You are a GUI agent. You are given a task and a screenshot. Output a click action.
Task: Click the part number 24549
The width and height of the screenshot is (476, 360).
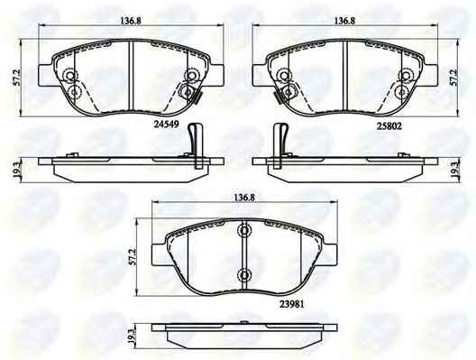click(x=167, y=124)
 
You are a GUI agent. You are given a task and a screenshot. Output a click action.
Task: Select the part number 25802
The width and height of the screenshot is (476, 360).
click(x=389, y=126)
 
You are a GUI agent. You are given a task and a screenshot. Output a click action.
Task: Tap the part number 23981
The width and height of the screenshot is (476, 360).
click(x=291, y=304)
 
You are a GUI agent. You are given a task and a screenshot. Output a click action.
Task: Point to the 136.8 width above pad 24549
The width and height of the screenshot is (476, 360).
click(x=131, y=21)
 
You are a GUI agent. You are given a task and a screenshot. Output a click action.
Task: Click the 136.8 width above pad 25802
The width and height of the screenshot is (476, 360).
click(x=344, y=21)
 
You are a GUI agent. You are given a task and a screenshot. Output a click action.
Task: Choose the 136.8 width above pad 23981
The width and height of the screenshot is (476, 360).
click(x=244, y=198)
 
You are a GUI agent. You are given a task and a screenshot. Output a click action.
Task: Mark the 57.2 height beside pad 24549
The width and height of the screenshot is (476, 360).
click(x=17, y=78)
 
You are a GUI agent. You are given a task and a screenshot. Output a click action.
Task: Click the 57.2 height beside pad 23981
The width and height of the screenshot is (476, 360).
click(x=133, y=258)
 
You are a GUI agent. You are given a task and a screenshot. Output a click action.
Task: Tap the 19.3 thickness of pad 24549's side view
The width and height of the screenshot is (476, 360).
click(x=17, y=171)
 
